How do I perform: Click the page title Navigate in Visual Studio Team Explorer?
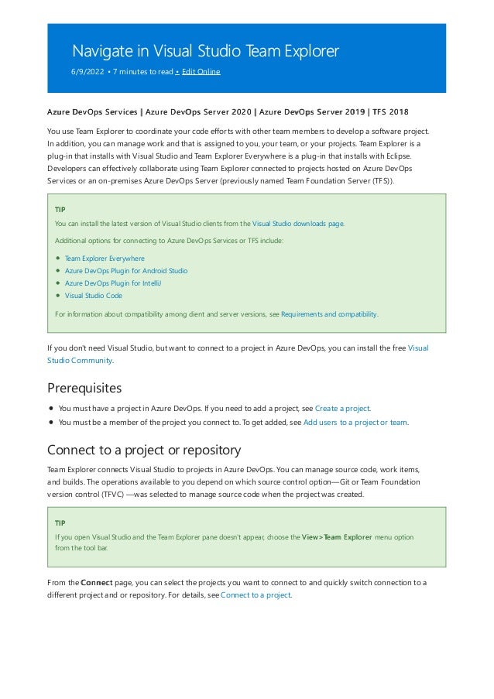pyautogui.click(x=205, y=52)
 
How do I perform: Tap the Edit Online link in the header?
pyautogui.click(x=201, y=72)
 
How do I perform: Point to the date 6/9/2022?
pyautogui.click(x=87, y=72)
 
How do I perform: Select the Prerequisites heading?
pyautogui.click(x=84, y=387)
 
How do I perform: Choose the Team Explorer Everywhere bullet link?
pyautogui.click(x=105, y=259)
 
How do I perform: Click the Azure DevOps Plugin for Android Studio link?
pyautogui.click(x=125, y=271)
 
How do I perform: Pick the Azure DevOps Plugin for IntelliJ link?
pyautogui.click(x=113, y=283)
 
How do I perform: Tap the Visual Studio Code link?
pyautogui.click(x=93, y=296)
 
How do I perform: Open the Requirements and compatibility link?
pyautogui.click(x=329, y=314)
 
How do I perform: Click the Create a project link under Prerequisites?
pyautogui.click(x=342, y=408)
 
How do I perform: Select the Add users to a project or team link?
pyautogui.click(x=355, y=422)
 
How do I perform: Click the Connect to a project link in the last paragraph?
pyautogui.click(x=256, y=595)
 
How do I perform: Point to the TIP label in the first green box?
pyautogui.click(x=60, y=210)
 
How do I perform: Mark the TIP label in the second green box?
pyautogui.click(x=60, y=523)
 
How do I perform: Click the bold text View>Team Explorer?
pyautogui.click(x=337, y=536)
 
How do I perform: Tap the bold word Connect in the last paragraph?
pyautogui.click(x=97, y=582)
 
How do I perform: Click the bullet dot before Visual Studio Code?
pyautogui.click(x=58, y=296)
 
